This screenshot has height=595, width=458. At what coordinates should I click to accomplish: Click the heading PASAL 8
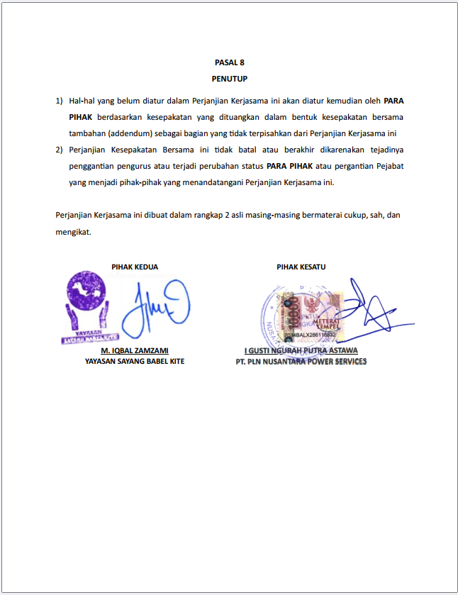(229, 62)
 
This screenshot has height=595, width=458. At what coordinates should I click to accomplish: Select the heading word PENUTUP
(229, 79)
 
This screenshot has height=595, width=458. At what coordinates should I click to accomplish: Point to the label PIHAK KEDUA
(135, 267)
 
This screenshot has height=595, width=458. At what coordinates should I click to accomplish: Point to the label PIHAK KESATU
(301, 267)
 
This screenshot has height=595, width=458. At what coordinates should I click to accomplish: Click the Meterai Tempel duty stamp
(313, 313)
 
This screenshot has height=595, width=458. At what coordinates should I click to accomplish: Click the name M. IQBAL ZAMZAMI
(135, 350)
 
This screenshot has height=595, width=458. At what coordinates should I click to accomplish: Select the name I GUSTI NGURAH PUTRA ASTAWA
(301, 350)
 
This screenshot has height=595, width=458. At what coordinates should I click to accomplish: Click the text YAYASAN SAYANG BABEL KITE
(135, 362)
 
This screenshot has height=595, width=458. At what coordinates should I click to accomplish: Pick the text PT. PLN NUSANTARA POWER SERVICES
(301, 362)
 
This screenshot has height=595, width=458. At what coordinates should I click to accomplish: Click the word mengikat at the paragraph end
(73, 231)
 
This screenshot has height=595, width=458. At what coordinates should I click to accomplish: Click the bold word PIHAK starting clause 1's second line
(81, 117)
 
